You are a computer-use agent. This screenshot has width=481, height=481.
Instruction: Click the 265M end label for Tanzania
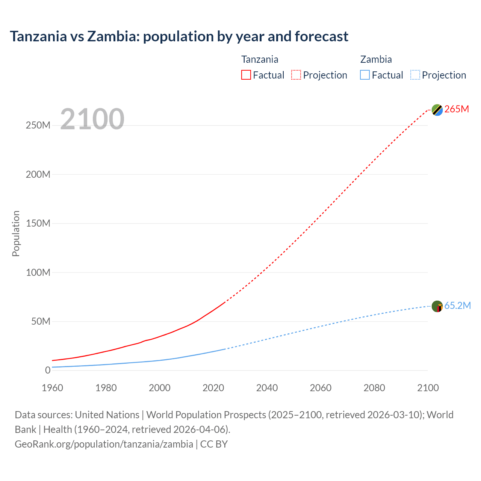tap(457, 109)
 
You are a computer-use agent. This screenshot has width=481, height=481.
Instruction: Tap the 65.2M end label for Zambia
tap(457, 306)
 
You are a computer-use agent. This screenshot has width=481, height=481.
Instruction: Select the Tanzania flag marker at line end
tap(437, 110)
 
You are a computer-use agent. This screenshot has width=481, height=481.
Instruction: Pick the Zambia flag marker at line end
tap(437, 306)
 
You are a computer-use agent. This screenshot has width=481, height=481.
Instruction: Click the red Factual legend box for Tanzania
tap(246, 75)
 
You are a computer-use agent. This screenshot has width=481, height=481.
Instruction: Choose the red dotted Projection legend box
tap(296, 75)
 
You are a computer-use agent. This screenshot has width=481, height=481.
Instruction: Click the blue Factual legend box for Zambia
tap(365, 75)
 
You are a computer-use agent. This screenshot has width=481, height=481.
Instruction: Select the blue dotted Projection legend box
tap(415, 75)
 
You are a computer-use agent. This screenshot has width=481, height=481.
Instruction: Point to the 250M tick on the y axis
tap(38, 126)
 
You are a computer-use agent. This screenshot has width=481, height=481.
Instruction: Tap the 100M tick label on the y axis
tap(38, 272)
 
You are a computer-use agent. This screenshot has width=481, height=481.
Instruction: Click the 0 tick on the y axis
tap(47, 370)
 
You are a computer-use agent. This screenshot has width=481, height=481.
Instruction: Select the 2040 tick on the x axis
tap(267, 388)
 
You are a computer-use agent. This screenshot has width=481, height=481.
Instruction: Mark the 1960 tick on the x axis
tap(52, 388)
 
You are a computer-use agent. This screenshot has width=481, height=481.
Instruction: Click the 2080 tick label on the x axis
tap(374, 388)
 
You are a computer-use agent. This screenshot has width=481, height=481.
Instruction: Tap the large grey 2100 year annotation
tap(92, 119)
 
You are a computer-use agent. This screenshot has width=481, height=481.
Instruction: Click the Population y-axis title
tap(16, 233)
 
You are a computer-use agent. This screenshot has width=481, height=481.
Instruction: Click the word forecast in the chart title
tap(321, 36)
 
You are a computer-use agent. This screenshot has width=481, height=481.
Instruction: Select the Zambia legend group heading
tap(376, 59)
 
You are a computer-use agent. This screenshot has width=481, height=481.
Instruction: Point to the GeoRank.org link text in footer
tap(104, 444)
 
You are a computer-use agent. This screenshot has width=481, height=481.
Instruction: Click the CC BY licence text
tap(214, 444)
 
